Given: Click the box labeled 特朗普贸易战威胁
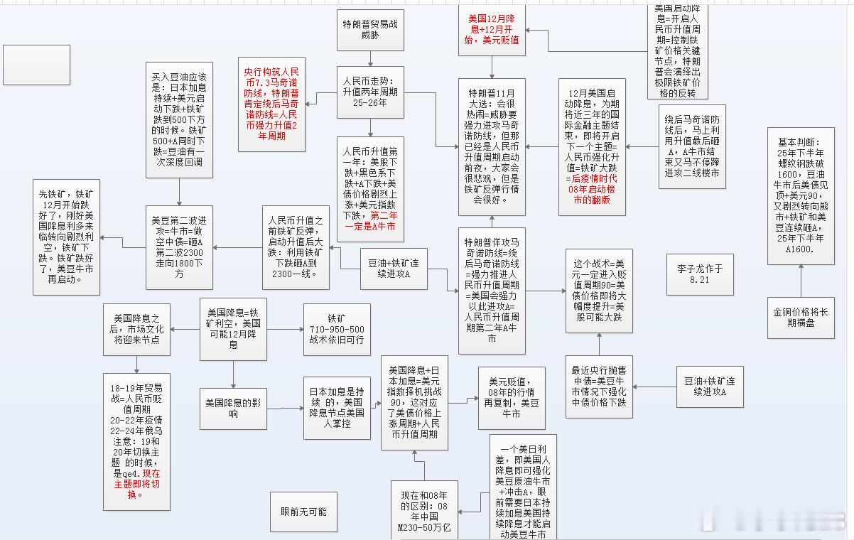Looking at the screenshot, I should coord(370,30).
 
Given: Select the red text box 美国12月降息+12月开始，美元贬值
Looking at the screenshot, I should coord(493,28).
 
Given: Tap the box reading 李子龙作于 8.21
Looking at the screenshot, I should coord(700,274).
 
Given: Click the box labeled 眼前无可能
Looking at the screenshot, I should coord(303,512).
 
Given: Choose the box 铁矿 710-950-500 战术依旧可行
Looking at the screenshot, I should coord(337,330).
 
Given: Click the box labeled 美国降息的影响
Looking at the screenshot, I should coord(233,409).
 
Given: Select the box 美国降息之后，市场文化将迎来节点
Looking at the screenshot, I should coord(137,329).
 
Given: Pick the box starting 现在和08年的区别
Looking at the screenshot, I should coord(424,509).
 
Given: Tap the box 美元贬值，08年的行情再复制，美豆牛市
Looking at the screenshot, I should coord(512,397).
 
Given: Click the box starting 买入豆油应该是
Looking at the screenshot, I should coord(178,118).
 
